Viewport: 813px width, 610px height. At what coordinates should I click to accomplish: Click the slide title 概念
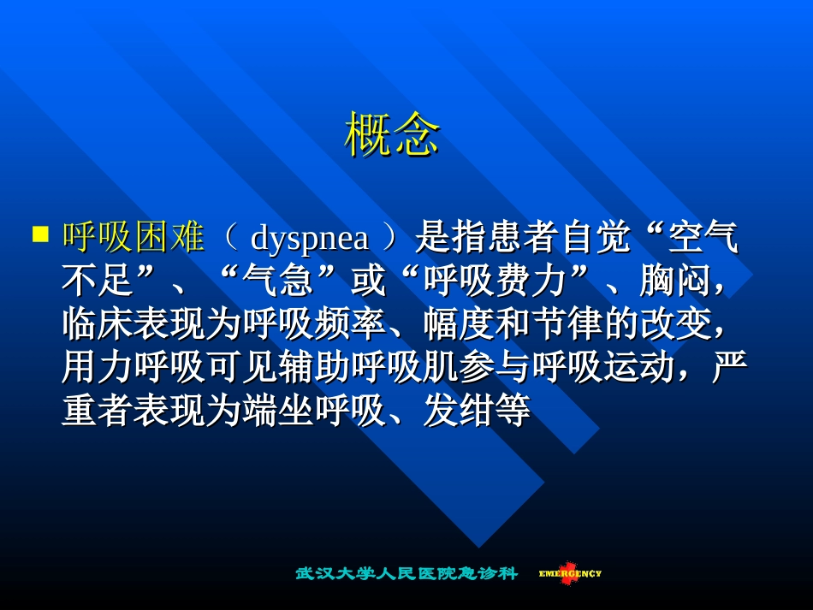pos(392,135)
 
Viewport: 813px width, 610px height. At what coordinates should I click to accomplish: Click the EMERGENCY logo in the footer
pos(570,573)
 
